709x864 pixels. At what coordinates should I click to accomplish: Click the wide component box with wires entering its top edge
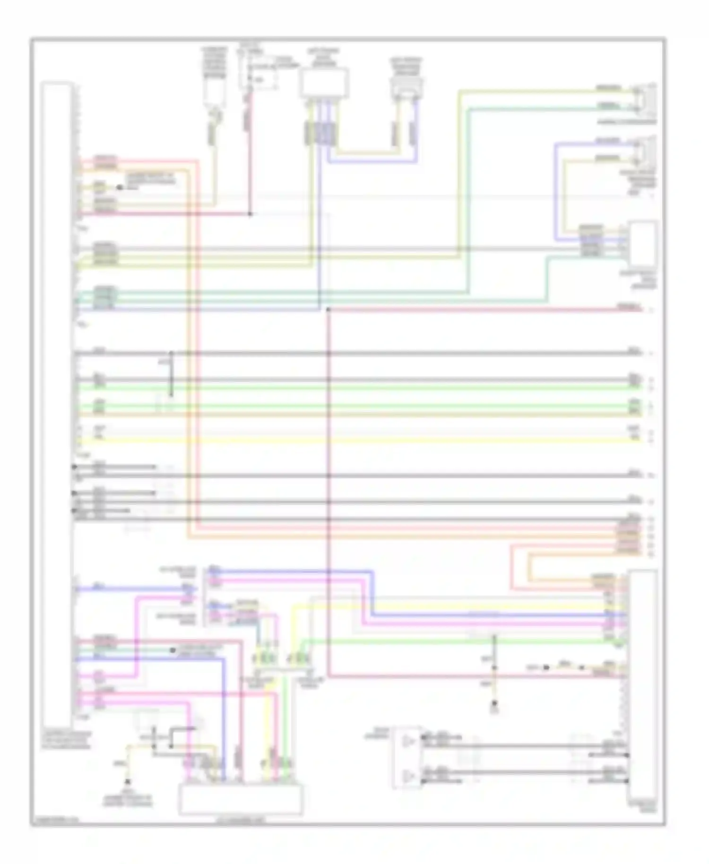point(240,798)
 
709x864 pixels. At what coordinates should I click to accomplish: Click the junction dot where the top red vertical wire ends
point(251,214)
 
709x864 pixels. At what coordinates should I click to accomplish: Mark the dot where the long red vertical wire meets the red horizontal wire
point(328,310)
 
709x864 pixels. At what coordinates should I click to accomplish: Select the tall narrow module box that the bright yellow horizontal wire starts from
point(57,402)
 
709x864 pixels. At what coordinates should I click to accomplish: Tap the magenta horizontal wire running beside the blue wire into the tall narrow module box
point(496,623)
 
